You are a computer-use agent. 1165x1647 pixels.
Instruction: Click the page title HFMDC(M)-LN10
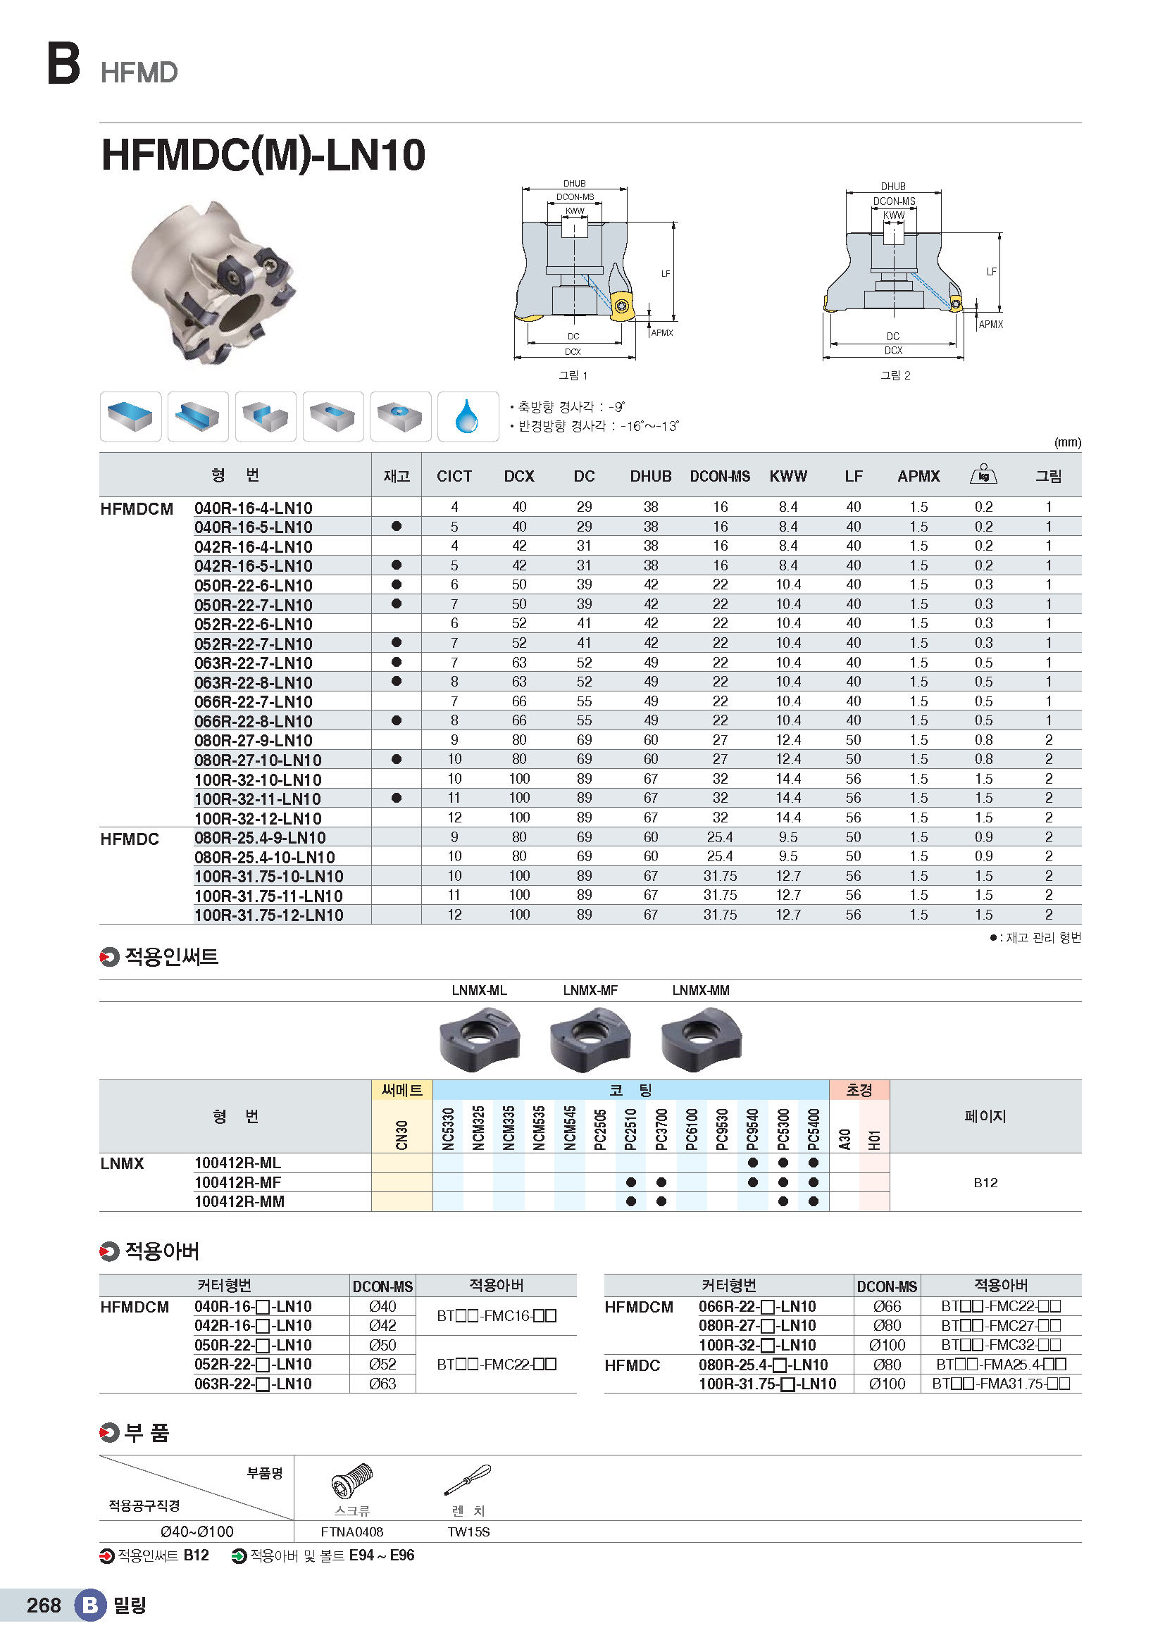point(263,155)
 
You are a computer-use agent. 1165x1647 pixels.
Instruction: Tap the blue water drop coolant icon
point(467,416)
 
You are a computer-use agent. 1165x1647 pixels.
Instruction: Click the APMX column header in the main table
point(918,476)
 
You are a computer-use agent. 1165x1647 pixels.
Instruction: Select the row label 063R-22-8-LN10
point(254,682)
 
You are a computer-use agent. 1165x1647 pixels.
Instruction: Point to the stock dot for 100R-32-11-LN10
point(397,798)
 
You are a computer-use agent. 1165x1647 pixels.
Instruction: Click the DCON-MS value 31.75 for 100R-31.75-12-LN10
point(720,915)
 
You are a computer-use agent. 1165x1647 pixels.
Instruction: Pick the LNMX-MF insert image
point(590,1038)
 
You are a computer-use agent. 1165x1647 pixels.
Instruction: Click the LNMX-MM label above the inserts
point(700,990)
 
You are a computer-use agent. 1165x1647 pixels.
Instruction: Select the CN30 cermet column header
point(401,1135)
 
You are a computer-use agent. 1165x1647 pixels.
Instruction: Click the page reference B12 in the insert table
point(985,1182)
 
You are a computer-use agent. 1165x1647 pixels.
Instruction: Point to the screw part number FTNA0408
point(351,1532)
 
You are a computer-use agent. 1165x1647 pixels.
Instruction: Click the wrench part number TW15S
point(468,1532)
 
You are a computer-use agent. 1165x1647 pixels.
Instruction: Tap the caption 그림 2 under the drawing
point(895,375)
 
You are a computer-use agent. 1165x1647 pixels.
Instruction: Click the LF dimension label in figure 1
point(665,273)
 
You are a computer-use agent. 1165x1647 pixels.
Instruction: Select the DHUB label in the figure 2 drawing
point(893,187)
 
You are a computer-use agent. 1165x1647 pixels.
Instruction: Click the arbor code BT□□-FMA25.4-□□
point(1001,1365)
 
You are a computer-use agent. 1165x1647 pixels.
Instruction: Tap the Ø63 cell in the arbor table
point(382,1384)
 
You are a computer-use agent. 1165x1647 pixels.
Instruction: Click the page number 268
point(44,1605)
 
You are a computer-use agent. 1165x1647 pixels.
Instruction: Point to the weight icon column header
point(983,475)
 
